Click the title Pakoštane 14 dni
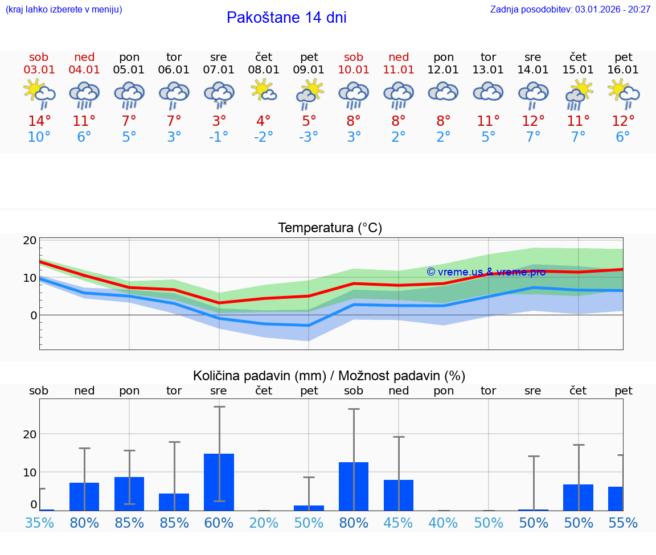coord(286,18)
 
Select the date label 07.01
coord(218,70)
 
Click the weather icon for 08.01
coord(264,91)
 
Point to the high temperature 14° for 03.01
coord(39,121)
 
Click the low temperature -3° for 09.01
coord(309,137)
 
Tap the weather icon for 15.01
coord(579,93)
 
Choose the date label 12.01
coord(444,70)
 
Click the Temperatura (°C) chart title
coord(330,228)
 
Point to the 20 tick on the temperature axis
coord(30,240)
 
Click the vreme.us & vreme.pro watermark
coord(486,272)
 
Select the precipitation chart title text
coord(329,376)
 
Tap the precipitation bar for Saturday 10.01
coord(354,486)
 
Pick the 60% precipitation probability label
coord(219,523)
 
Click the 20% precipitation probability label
coord(264,523)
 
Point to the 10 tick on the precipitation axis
coord(30,472)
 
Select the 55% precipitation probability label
coord(623,523)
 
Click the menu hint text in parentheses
coord(64,9)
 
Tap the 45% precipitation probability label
coord(399,523)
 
